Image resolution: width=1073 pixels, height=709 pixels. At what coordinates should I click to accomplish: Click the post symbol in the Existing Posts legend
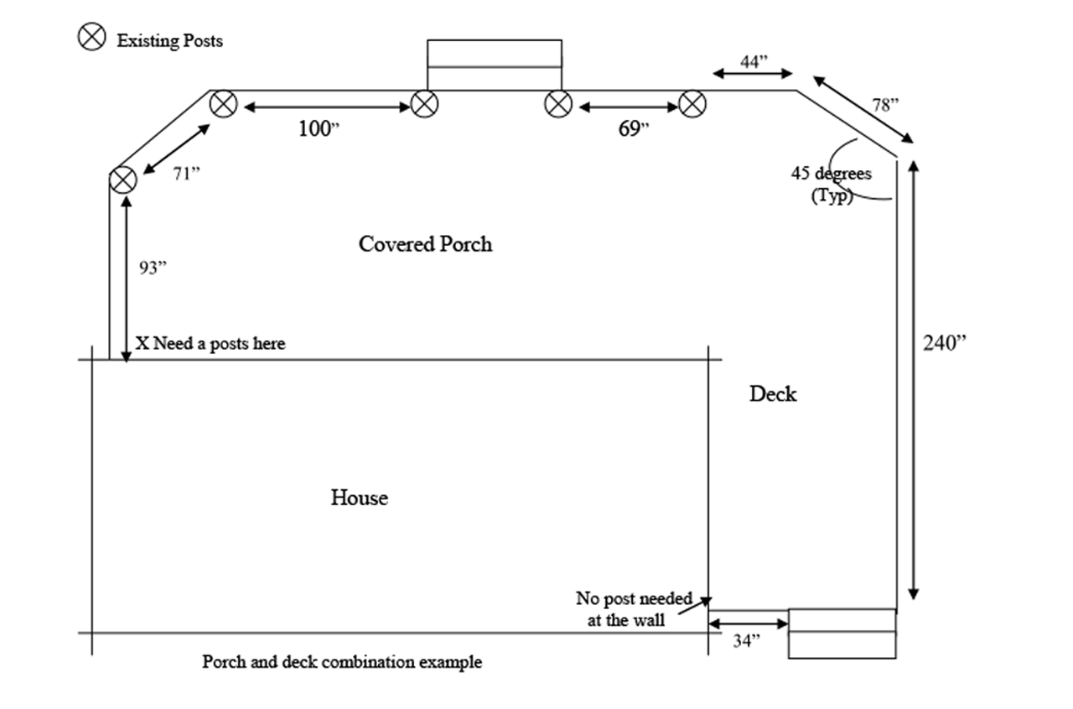coord(91,36)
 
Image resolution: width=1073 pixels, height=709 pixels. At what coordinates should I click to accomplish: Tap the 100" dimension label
coord(319,129)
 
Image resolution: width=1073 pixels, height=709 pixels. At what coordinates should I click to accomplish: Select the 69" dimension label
coord(634,129)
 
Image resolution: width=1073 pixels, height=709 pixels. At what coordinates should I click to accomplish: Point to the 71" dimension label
coord(186,175)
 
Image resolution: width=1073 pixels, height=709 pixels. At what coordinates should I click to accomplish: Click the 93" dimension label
coord(153,268)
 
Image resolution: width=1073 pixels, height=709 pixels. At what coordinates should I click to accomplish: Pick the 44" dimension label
coord(754,61)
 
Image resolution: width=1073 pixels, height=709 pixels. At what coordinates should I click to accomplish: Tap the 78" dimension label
coord(884,105)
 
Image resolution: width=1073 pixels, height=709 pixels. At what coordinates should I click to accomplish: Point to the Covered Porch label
coord(425,244)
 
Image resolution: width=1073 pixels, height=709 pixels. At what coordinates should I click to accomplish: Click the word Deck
coord(773,394)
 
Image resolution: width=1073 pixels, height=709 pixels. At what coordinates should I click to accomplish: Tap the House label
coord(359,498)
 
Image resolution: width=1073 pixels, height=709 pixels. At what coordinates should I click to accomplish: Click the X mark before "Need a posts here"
coord(142,343)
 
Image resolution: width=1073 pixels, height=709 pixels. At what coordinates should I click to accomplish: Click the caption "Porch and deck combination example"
coord(342,662)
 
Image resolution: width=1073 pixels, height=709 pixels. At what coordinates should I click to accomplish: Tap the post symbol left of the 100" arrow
coord(223,104)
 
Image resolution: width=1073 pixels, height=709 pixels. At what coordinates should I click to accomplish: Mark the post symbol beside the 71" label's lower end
coord(123,180)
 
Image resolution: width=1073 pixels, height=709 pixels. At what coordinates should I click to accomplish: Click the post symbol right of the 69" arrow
coord(692,104)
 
